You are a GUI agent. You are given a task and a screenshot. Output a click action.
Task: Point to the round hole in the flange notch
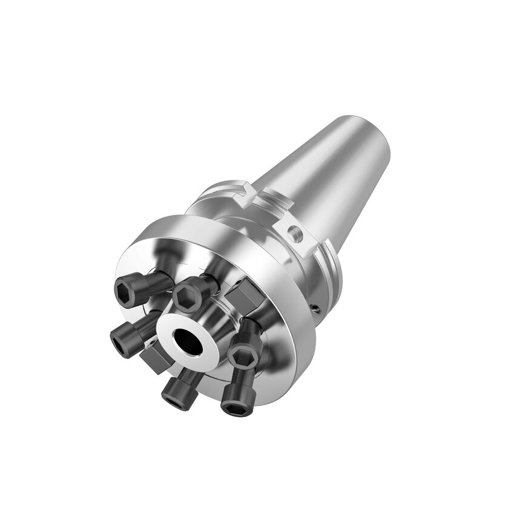click(294, 231)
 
